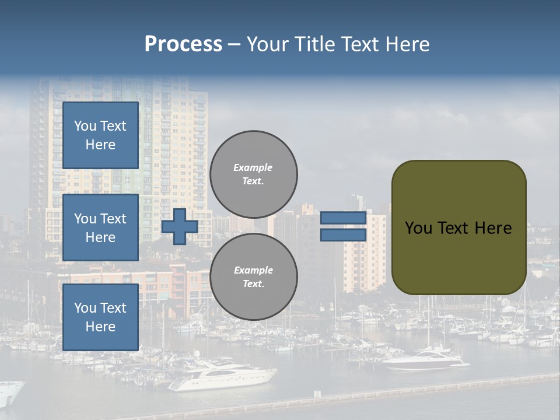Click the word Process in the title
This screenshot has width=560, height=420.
pos(183,44)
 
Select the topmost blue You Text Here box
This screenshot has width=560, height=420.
pos(100,135)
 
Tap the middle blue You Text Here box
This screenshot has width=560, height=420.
pos(100,228)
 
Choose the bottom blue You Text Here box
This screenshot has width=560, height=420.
pos(100,317)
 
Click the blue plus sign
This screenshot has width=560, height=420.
pos(179,226)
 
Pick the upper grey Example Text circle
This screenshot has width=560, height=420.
pos(253,174)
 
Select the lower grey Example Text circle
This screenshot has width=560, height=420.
pos(253,276)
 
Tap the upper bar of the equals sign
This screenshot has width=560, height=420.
pos(343,218)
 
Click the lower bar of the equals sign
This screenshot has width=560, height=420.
pos(343,235)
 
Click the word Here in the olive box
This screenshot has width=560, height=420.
pos(494,228)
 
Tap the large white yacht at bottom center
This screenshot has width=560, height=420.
pos(225,376)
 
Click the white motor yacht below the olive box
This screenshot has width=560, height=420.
pos(426,360)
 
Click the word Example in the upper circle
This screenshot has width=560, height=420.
pos(253,167)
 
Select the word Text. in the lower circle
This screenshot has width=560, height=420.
pos(253,283)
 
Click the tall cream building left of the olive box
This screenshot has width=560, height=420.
pos(365,254)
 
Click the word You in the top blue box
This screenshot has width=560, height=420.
pos(85,126)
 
